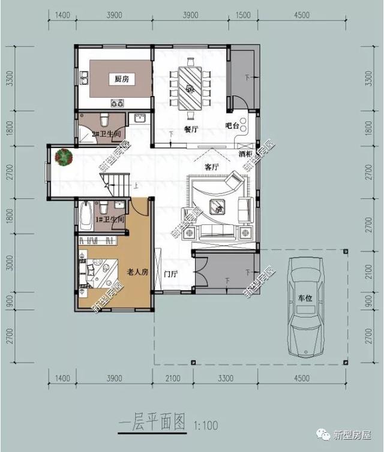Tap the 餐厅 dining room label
pyautogui.click(x=191, y=129)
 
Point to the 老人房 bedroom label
pyautogui.click(x=137, y=272)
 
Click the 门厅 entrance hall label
pyautogui.click(x=171, y=275)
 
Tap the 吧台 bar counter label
pyautogui.click(x=232, y=126)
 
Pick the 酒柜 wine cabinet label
pyautogui.click(x=245, y=154)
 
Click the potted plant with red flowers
pyautogui.click(x=62, y=157)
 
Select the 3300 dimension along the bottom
pyautogui.click(x=225, y=378)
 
